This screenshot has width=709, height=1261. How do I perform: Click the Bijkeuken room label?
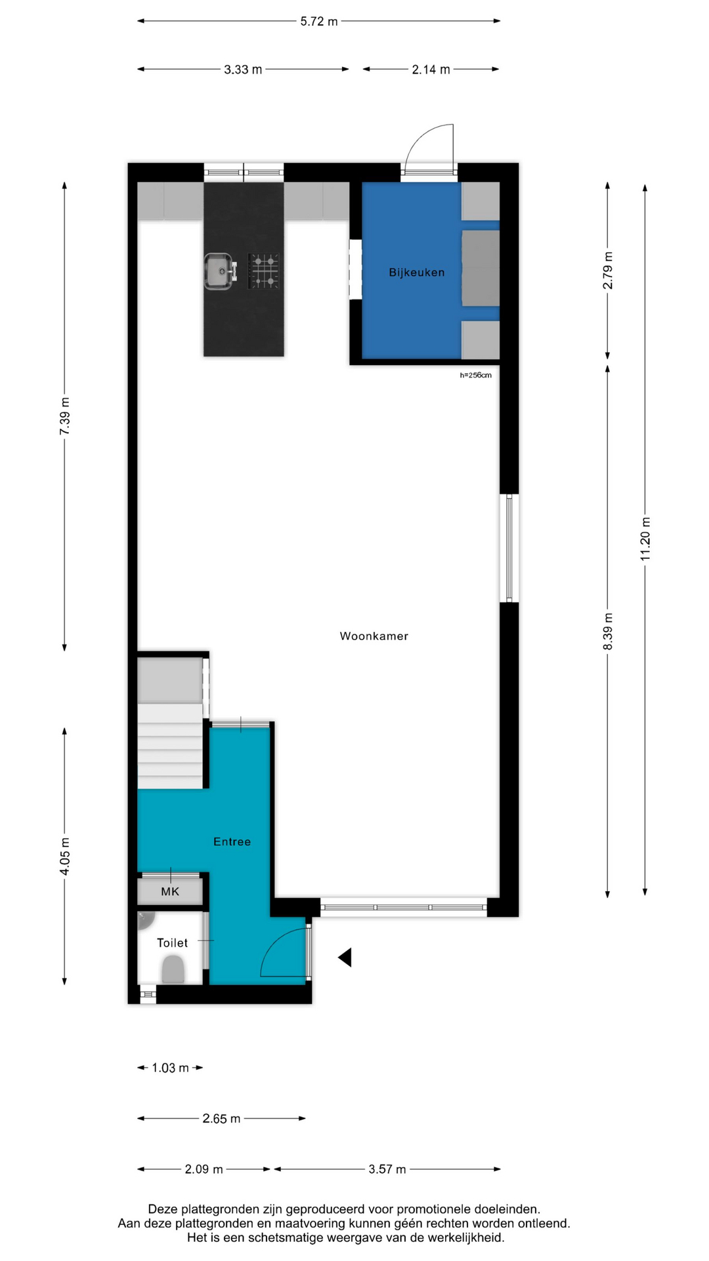pyautogui.click(x=416, y=273)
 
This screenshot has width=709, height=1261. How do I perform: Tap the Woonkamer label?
pyautogui.click(x=374, y=636)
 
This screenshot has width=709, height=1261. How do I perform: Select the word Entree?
pyautogui.click(x=232, y=841)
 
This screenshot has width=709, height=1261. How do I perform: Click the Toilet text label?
pyautogui.click(x=172, y=942)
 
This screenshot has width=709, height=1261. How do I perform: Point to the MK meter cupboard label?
pyautogui.click(x=170, y=892)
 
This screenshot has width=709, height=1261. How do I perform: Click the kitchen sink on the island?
pyautogui.click(x=221, y=271)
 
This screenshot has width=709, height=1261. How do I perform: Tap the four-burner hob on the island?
pyautogui.click(x=263, y=271)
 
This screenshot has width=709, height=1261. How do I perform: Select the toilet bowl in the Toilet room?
pyautogui.click(x=173, y=969)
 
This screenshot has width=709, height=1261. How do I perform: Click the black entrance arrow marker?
pyautogui.click(x=345, y=958)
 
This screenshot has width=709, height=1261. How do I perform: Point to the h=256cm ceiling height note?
pyautogui.click(x=475, y=375)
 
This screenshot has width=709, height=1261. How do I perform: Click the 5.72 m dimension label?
pyautogui.click(x=319, y=22)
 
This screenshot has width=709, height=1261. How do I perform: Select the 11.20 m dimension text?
pyautogui.click(x=645, y=539)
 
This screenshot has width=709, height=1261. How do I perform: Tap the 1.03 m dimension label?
pyautogui.click(x=170, y=1068)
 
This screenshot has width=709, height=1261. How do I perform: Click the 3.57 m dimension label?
pyautogui.click(x=387, y=1169)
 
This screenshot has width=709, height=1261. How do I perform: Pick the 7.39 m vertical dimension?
pyautogui.click(x=64, y=416)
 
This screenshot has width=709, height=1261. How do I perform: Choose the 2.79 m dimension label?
pyautogui.click(x=608, y=271)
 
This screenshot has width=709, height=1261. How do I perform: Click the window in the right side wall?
pyautogui.click(x=509, y=548)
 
